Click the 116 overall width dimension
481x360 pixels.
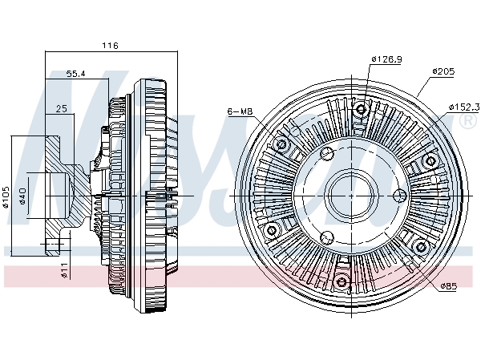110,46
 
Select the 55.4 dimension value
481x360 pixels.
76,74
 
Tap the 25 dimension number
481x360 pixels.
62,108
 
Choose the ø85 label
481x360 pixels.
449,285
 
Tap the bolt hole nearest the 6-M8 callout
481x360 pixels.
281,145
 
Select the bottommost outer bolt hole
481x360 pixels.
342,281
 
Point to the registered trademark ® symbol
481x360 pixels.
467,122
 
